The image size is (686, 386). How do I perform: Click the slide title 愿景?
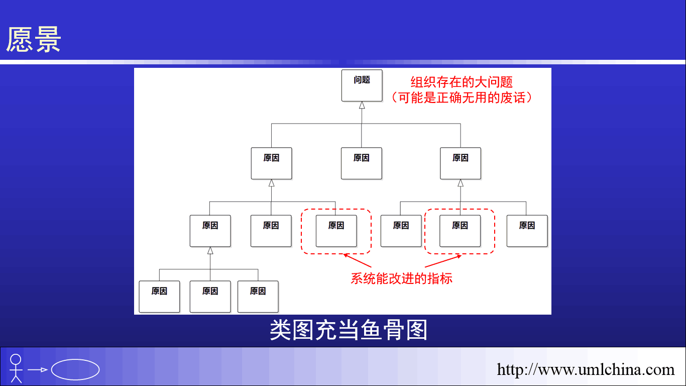pos(34,39)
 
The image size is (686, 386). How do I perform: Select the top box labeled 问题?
pos(362,85)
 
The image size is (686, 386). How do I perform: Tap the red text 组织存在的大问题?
pos(462,82)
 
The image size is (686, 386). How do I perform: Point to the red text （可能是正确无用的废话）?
pos(462,98)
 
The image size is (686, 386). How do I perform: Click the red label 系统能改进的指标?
pos(401,278)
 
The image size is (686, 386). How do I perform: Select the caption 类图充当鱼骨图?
pos(349,330)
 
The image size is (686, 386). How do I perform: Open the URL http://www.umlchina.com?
pos(585,369)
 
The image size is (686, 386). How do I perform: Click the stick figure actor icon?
pos(16,368)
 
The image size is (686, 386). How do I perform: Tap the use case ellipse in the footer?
pos(75,369)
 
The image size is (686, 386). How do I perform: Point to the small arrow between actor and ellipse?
pos(38,370)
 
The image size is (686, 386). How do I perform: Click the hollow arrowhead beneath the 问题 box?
pos(362,105)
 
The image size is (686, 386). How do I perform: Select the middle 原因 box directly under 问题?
pos(362,163)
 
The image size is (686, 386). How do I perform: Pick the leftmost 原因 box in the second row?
pos(271,163)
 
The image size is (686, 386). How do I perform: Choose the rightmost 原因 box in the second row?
pos(461,163)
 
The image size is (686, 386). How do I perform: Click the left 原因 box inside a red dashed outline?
pos(336,231)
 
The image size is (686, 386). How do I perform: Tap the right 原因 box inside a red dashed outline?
pos(460,231)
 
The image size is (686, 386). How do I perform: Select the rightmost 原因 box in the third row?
pos(527,231)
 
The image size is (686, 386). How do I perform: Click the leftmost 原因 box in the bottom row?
pos(159,297)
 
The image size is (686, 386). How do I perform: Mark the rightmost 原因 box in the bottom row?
pos(258,297)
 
